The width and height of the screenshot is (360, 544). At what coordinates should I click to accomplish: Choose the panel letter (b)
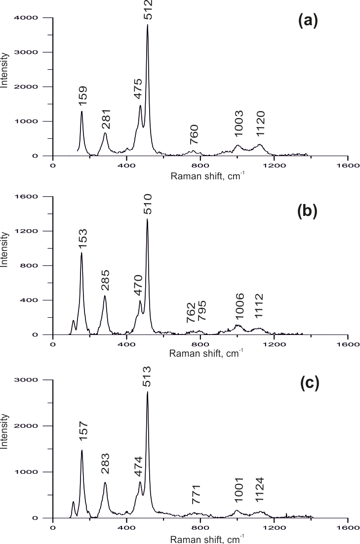pos(309,211)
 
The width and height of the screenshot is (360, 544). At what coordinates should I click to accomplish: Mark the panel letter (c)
pos(309,383)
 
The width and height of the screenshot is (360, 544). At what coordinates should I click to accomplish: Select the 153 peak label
pos(82,239)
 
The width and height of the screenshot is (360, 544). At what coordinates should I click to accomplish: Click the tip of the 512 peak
pos(148,25)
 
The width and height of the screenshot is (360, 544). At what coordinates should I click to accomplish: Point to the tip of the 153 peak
pos(81,252)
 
